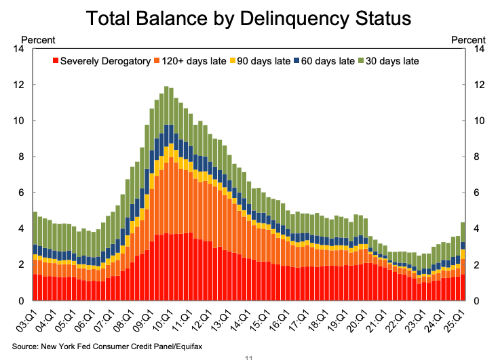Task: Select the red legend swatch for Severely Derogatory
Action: pyautogui.click(x=56, y=61)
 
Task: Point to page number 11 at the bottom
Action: pyautogui.click(x=248, y=356)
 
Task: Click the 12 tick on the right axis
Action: pyautogui.click(x=482, y=85)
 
